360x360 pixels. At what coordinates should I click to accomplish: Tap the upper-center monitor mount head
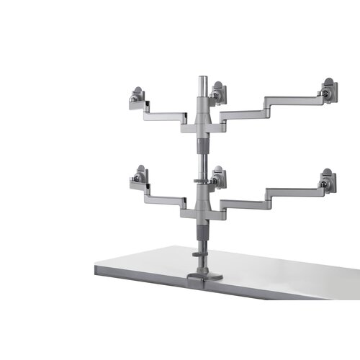point(219,93)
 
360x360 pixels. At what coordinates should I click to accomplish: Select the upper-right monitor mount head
point(328,91)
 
